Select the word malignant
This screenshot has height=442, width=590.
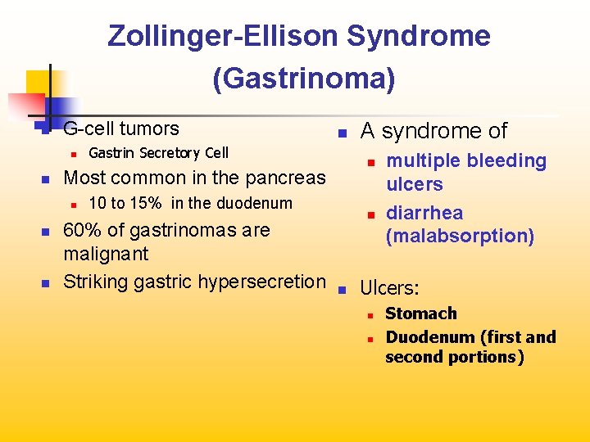(106, 254)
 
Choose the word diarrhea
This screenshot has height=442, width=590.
(424, 213)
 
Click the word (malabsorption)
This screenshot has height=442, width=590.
(460, 237)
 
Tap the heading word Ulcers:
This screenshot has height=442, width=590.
(390, 288)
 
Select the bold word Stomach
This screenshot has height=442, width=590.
(421, 313)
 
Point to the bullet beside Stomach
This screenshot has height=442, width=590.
(370, 314)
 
